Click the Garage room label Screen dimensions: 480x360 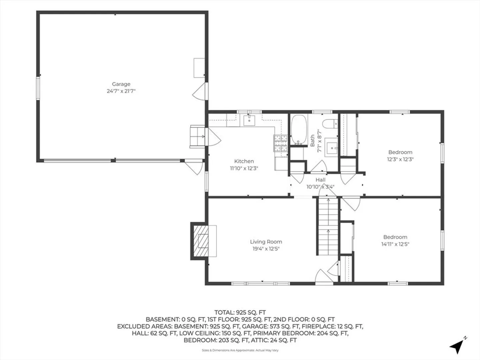[121, 84]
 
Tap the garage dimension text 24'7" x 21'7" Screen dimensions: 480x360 [121, 91]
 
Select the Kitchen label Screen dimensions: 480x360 [244, 161]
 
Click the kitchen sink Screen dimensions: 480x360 [249, 120]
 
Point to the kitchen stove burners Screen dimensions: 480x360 [281, 143]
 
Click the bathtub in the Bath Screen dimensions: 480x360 [299, 130]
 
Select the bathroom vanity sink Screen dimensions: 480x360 [332, 147]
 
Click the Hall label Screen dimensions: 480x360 [320, 180]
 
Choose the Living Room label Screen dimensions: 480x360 [266, 242]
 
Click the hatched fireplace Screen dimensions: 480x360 [201, 241]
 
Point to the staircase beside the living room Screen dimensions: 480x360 [328, 226]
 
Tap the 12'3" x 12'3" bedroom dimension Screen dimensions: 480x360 [400, 159]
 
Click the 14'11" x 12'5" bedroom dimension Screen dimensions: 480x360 [395, 244]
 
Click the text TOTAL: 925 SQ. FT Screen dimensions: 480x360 [240, 313]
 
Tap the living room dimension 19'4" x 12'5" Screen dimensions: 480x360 [266, 249]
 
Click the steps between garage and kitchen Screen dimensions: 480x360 [197, 136]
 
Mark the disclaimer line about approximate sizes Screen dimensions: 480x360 [240, 350]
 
